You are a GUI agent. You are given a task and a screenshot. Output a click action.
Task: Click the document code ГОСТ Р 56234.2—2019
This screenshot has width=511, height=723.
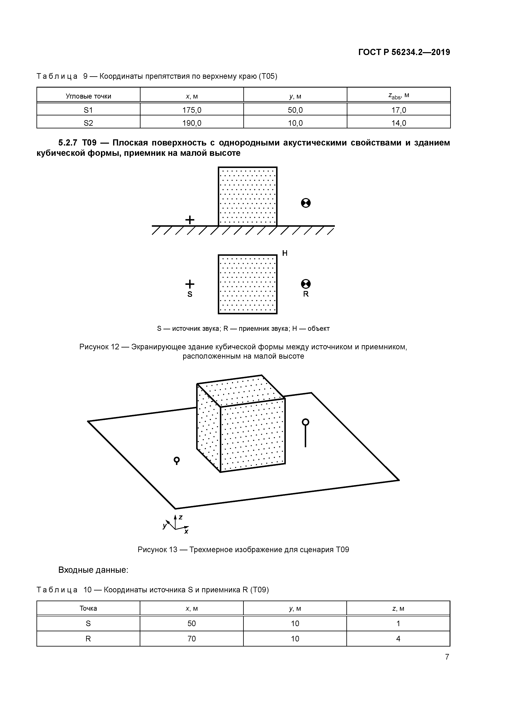click(404, 52)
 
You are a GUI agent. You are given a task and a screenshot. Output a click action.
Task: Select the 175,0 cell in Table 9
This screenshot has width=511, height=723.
click(192, 110)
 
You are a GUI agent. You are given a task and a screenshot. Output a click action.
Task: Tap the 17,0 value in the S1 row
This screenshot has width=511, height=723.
click(398, 110)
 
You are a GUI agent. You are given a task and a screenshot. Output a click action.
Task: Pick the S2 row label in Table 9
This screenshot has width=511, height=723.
click(88, 123)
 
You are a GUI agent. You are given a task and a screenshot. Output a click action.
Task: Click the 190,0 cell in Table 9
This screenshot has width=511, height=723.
click(192, 123)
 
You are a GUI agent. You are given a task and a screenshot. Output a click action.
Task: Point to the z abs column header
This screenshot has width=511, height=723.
click(398, 96)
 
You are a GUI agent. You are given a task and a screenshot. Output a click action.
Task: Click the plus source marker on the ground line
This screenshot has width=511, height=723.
click(190, 220)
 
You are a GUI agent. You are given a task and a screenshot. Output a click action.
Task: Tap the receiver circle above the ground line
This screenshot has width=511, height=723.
click(306, 203)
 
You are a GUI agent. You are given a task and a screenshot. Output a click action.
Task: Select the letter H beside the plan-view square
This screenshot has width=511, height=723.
click(285, 253)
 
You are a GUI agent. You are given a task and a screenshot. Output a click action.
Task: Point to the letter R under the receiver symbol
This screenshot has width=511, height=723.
click(306, 294)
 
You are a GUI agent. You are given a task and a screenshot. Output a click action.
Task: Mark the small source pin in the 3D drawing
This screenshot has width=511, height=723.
click(177, 461)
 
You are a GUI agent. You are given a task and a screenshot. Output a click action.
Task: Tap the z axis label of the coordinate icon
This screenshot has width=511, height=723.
click(181, 517)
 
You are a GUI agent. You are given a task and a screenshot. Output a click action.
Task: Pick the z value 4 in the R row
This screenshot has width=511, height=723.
click(398, 639)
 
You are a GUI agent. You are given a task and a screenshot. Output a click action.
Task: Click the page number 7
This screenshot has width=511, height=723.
click(447, 657)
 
